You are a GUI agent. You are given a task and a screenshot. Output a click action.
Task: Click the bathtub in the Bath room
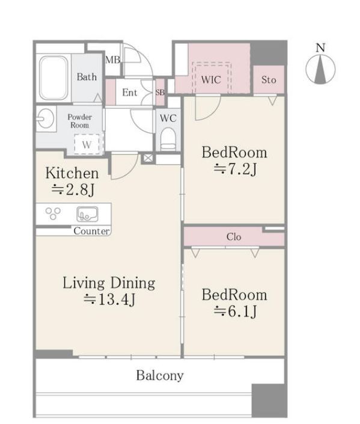point(53,78)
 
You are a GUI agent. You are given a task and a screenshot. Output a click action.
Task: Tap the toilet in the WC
point(168,139)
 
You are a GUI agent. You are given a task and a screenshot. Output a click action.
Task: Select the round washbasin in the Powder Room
point(46,118)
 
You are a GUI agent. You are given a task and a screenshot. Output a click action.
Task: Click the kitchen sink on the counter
point(87,214)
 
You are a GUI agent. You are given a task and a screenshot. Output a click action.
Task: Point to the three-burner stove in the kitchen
point(53,213)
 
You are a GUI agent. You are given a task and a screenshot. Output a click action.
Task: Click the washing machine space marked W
point(87,144)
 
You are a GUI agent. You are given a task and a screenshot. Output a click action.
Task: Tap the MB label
point(112,60)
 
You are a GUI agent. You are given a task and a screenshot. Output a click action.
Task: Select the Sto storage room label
point(269,80)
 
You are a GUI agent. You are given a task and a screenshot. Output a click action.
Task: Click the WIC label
point(211,80)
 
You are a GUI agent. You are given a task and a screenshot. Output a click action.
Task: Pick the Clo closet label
point(234,237)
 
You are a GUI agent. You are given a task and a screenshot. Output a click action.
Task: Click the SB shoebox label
point(160,92)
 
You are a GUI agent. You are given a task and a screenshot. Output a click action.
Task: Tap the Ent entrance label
point(130,93)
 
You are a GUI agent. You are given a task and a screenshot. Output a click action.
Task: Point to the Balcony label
point(160,375)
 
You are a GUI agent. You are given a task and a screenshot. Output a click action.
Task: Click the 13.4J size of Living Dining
point(109,300)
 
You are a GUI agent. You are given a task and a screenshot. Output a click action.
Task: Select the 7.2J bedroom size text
point(235,170)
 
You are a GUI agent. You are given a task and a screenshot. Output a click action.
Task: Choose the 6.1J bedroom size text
point(235,312)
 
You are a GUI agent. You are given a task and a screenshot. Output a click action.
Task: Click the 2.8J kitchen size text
point(73,190)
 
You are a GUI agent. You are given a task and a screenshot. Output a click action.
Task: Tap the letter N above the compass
point(320,48)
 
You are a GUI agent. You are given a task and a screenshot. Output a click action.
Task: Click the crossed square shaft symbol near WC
point(148,158)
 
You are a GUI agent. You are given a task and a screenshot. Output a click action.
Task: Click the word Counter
point(91,231)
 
